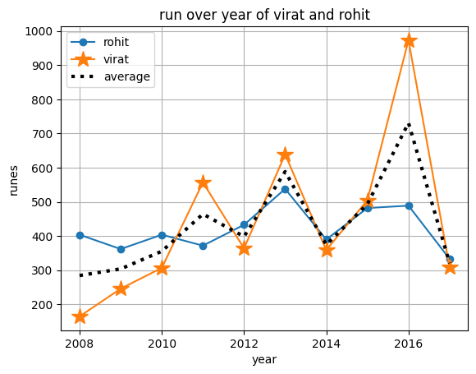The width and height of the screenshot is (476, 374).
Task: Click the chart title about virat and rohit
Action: coord(264,15)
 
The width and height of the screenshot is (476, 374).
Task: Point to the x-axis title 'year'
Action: coord(264,359)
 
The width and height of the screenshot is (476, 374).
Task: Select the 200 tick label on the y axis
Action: coord(41,305)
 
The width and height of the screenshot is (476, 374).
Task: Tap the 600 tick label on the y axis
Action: coord(41,169)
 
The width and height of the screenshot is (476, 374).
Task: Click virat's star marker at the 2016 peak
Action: coord(409,40)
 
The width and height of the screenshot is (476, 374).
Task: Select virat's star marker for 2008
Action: coord(80,316)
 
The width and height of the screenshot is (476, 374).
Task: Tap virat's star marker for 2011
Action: coord(203,183)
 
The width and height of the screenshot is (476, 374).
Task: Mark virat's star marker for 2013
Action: coord(285,155)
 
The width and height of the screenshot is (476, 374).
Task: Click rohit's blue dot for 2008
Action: coord(80,235)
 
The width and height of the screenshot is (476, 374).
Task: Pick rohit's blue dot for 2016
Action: coord(409,205)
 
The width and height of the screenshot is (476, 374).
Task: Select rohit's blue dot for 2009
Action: coord(121,249)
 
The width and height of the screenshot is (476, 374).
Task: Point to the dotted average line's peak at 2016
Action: coord(409,123)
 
